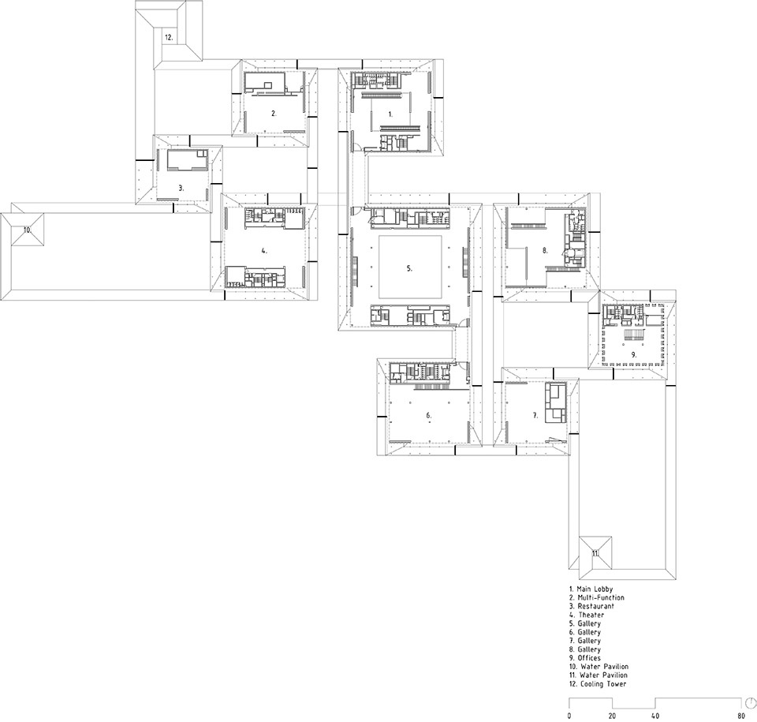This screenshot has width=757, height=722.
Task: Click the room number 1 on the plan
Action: point(390,114)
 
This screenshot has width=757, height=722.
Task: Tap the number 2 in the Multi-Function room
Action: point(274,114)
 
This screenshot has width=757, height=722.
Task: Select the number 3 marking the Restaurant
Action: point(181,188)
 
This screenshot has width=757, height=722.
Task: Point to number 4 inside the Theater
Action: point(263,251)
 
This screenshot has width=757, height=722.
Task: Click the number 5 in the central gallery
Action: point(409,268)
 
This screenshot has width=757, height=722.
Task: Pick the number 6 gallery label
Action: point(428,415)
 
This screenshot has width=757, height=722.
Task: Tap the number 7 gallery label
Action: point(535,415)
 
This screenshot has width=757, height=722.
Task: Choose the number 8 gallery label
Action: point(545,250)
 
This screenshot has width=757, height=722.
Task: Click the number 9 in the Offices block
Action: point(633,355)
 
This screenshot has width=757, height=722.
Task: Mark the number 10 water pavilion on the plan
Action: point(28,230)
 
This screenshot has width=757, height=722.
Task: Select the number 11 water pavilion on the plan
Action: point(595,553)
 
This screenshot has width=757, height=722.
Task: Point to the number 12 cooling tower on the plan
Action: point(169,37)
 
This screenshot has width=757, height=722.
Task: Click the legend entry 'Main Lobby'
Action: point(595,589)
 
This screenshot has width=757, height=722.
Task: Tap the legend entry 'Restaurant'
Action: point(596,606)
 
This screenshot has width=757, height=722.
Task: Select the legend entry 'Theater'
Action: point(591,615)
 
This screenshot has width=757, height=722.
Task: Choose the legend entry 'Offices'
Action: point(589,658)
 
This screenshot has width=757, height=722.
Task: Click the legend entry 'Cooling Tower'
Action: point(603,684)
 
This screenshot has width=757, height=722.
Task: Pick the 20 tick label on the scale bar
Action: point(612,716)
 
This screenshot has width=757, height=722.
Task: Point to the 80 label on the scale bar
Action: point(740,716)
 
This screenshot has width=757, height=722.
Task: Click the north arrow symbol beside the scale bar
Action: point(751,701)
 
